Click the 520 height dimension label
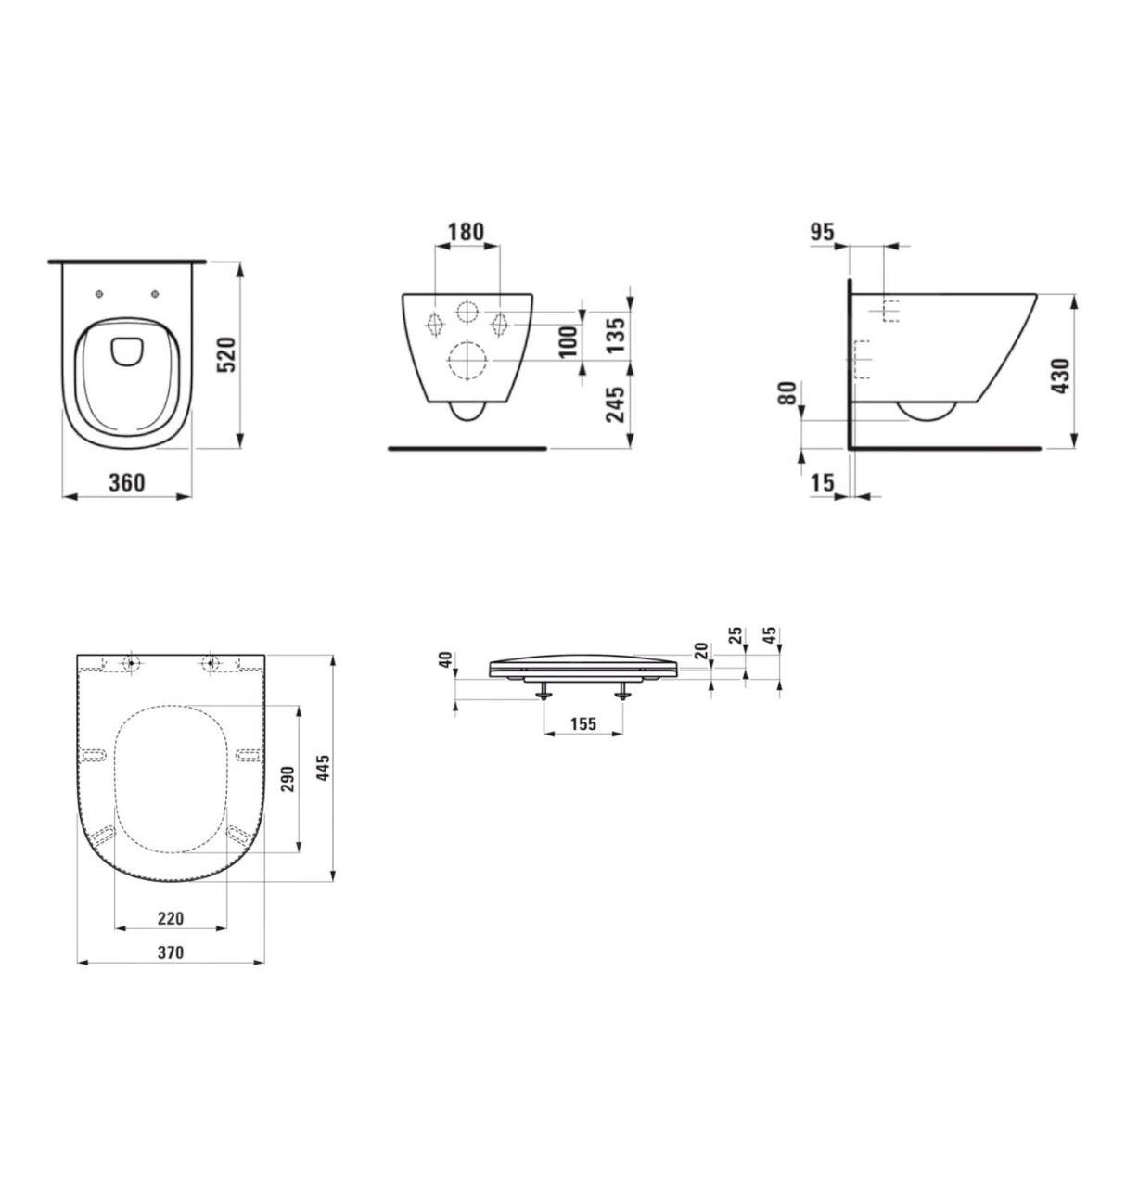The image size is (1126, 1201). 227,354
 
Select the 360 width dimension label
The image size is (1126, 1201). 126,482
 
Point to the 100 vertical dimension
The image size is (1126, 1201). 569,340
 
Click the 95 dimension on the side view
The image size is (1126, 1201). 822,232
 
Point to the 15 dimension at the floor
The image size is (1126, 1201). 823,481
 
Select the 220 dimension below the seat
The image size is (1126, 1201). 170,918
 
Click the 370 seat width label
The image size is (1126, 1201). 171,952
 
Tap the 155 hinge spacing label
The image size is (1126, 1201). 582,724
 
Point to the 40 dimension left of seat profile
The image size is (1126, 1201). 444,659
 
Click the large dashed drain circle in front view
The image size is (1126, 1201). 467,361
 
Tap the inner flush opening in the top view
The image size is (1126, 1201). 123,351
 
